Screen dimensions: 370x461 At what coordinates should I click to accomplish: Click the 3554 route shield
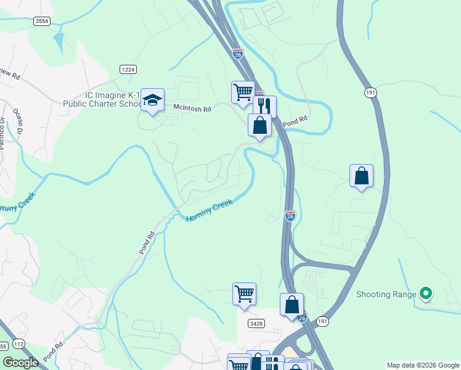[x=42, y=21]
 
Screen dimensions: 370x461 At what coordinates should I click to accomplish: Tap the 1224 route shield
[x=128, y=69]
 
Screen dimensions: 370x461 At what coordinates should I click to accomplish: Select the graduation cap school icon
[x=152, y=100]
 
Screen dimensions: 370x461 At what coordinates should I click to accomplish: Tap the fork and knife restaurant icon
[x=264, y=107]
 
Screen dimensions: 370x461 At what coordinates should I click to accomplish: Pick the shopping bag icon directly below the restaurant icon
[x=260, y=125]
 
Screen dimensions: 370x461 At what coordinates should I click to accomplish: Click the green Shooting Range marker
[x=425, y=294]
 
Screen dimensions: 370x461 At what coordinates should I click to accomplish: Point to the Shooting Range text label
[x=386, y=294]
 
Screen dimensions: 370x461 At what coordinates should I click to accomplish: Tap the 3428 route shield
[x=257, y=323]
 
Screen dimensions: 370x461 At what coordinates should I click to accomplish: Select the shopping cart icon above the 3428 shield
[x=244, y=294]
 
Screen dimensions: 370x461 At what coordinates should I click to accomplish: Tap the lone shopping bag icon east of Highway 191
[x=361, y=176]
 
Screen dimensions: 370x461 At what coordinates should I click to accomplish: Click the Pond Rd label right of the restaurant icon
[x=295, y=123]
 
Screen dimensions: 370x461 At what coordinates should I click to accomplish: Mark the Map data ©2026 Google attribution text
[x=422, y=365]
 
